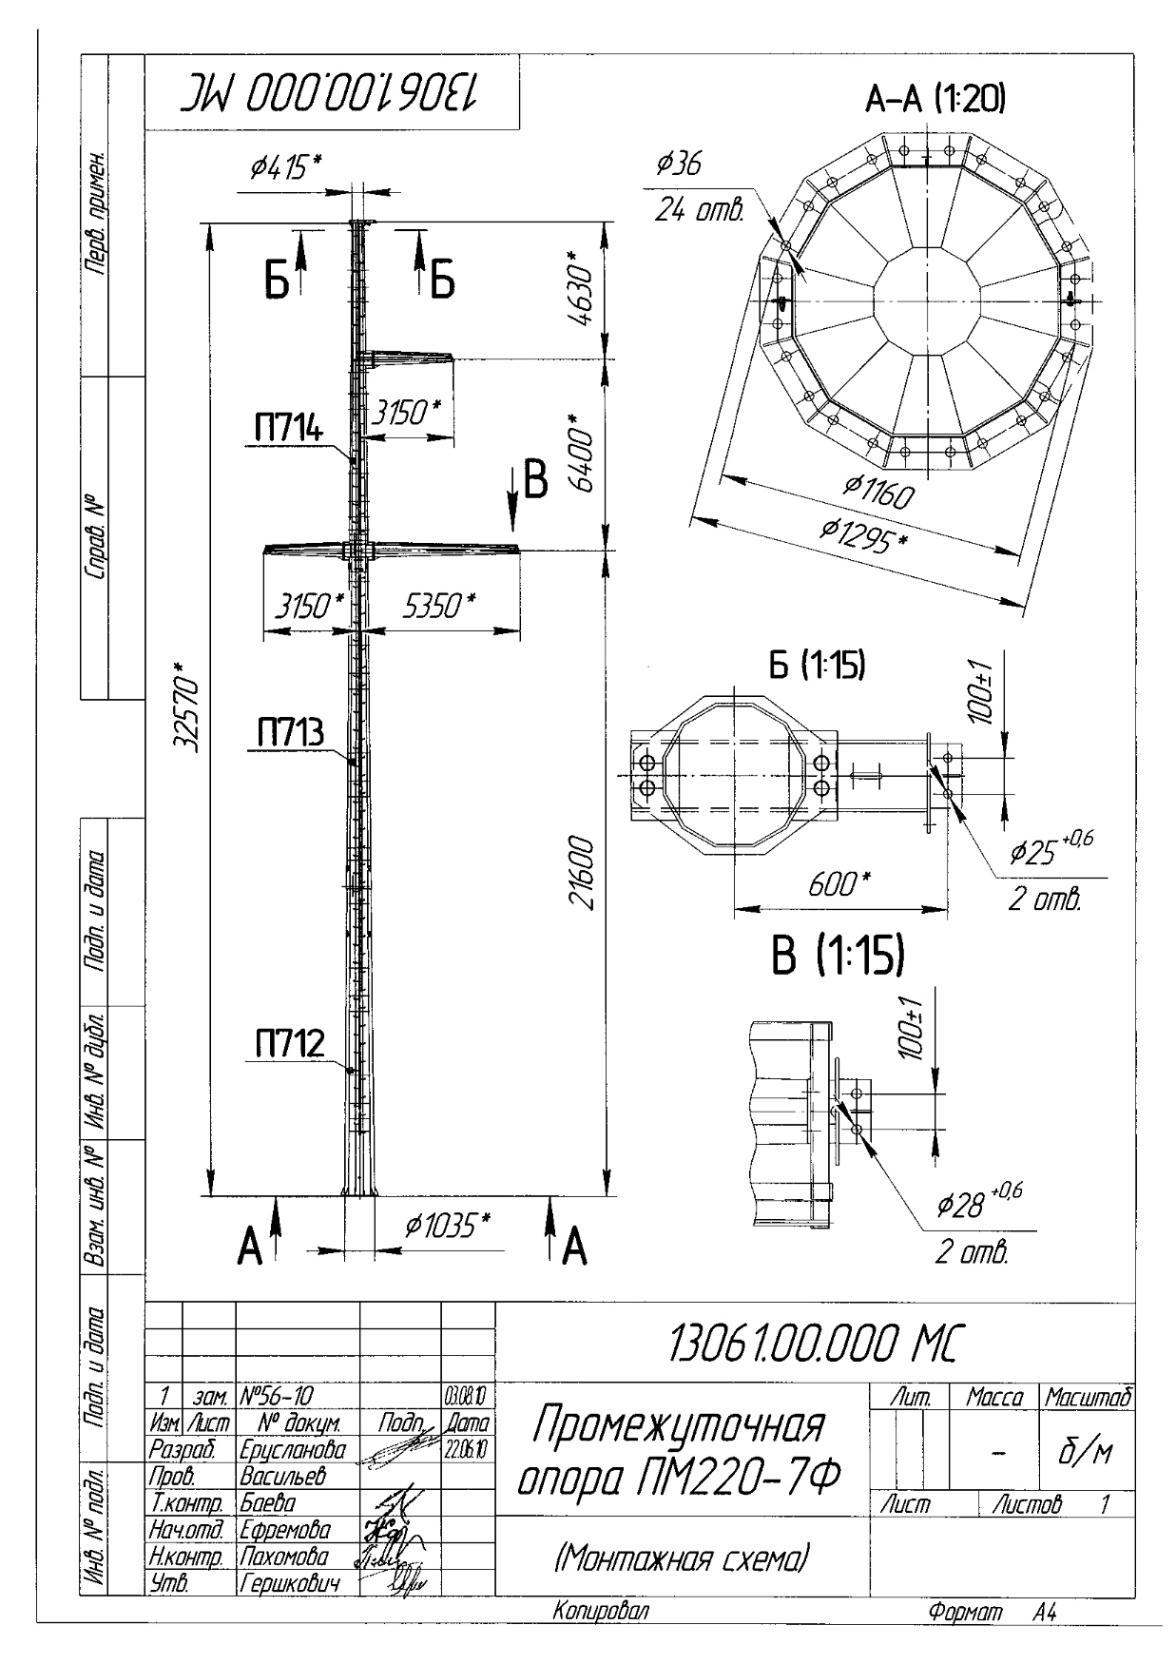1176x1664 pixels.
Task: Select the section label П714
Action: [x=287, y=429]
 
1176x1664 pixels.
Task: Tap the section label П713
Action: [x=289, y=733]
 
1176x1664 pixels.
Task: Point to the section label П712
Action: [x=289, y=1044]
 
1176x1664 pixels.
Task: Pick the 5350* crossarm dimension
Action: [x=436, y=606]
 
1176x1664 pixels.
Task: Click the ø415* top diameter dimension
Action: [x=285, y=168]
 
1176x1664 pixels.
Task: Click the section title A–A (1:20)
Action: [x=935, y=98]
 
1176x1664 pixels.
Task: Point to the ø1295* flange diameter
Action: [x=862, y=536]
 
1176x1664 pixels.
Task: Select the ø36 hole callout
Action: [x=679, y=164]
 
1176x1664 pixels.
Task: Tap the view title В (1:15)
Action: [x=837, y=958]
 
